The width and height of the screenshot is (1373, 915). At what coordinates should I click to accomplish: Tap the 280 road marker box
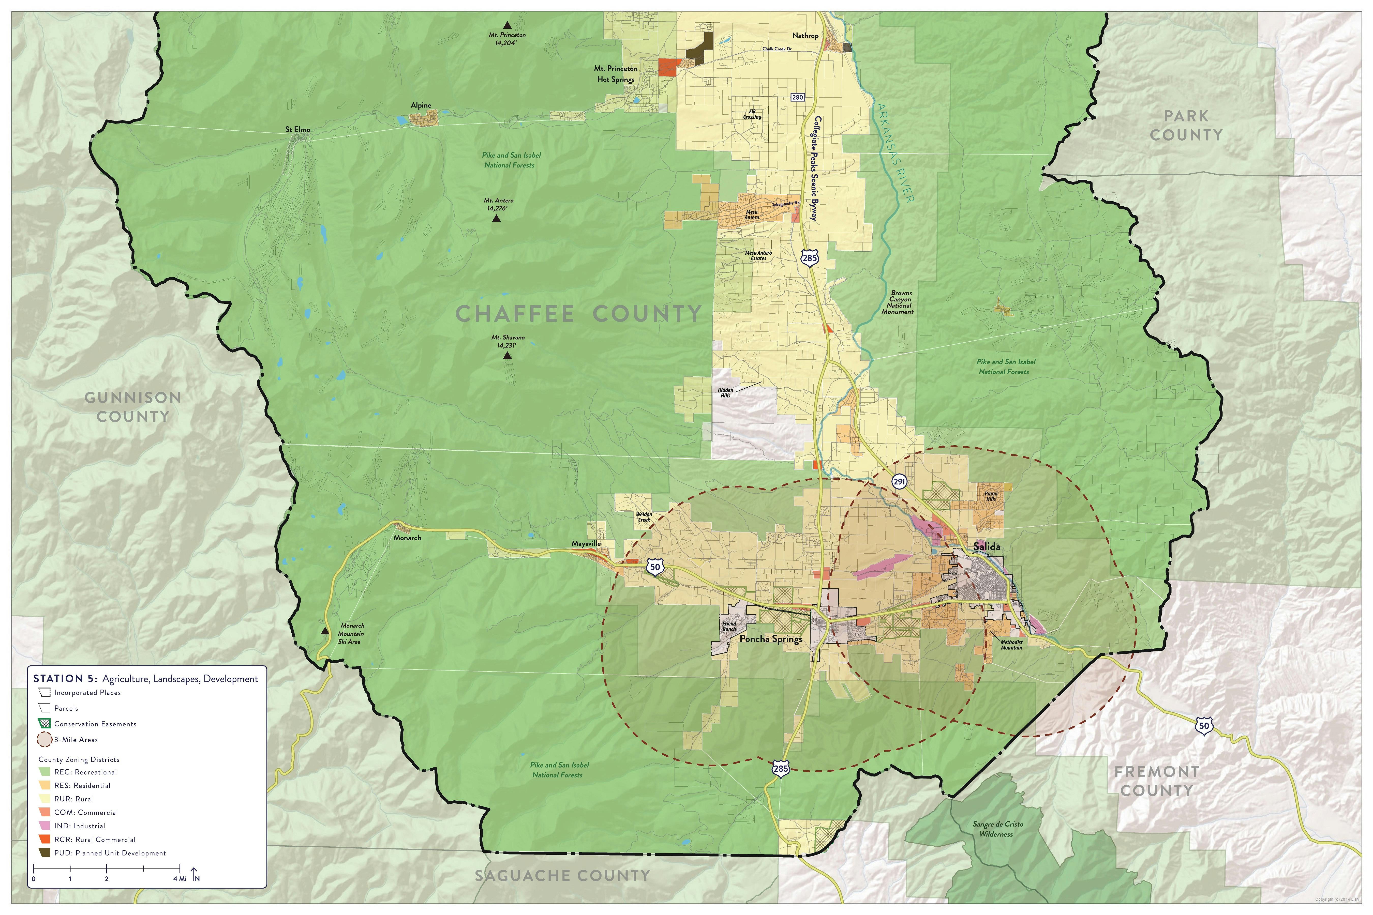[797, 97]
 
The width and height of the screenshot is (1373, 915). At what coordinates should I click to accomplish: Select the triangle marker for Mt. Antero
[496, 219]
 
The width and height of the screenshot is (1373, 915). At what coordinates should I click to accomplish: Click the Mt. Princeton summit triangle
[507, 25]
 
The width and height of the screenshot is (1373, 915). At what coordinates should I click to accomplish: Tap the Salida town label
[987, 547]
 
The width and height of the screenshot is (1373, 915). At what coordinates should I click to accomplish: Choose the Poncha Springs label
[771, 639]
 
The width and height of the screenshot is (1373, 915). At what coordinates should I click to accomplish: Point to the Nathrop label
[805, 36]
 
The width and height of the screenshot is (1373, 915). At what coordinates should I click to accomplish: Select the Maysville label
[586, 543]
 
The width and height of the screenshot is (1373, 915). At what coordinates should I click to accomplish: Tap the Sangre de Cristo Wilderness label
[998, 829]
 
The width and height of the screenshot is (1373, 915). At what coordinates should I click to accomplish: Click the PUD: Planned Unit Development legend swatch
[44, 852]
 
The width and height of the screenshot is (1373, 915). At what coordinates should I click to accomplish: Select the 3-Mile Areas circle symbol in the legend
[44, 739]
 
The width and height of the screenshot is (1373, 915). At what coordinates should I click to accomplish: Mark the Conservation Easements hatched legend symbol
[44, 724]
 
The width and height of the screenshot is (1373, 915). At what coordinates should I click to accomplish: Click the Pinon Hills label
[991, 496]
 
